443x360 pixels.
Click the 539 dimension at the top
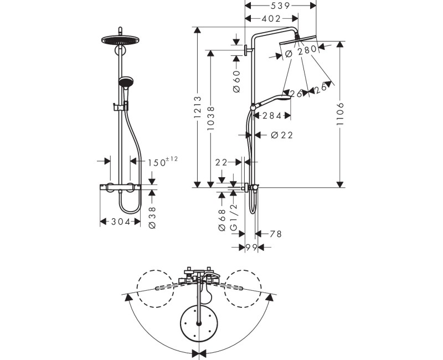(x=280, y=6)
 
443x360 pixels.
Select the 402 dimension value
(x=271, y=19)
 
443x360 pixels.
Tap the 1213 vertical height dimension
(x=198, y=107)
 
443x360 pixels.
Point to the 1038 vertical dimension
(x=211, y=118)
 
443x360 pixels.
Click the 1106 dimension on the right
(x=341, y=114)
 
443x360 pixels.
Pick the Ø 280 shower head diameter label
(x=301, y=51)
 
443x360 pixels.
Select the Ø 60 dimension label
(x=237, y=81)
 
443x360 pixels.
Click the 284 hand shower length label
(x=272, y=116)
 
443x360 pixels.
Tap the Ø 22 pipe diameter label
(x=282, y=135)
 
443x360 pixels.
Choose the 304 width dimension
(x=121, y=222)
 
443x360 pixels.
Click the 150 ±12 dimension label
(x=163, y=162)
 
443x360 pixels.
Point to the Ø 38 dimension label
(x=152, y=218)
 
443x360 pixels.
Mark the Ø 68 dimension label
(x=222, y=220)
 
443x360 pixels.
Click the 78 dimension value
(x=276, y=234)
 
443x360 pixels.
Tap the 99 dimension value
(x=251, y=248)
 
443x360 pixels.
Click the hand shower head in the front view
(x=126, y=81)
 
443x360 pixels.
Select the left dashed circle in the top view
(x=156, y=289)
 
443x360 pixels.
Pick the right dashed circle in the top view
(x=243, y=289)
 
